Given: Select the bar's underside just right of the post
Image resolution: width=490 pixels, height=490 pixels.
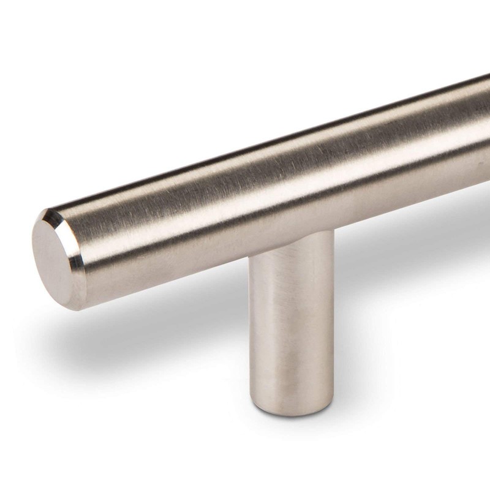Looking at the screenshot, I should (x=367, y=205).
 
